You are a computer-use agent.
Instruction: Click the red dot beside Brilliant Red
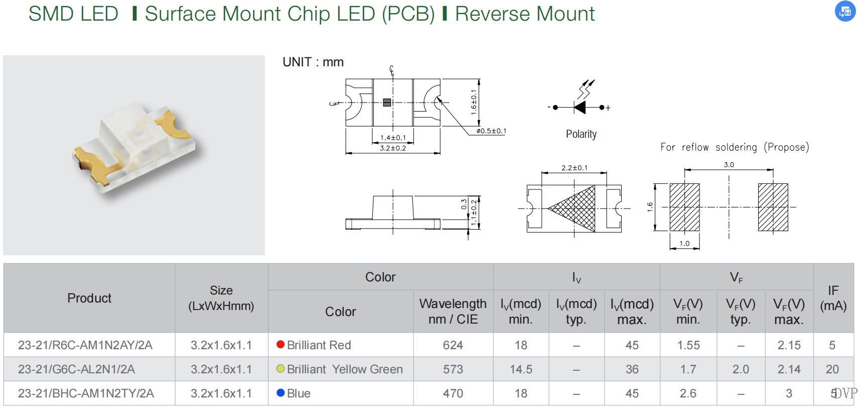281,345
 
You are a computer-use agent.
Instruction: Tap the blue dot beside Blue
281,393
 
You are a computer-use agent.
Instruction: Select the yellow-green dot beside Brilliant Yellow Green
281,369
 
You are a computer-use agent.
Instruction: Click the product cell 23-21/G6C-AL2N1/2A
76,369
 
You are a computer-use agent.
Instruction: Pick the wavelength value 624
453,345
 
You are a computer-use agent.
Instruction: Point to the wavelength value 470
453,393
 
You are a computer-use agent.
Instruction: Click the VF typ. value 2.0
741,369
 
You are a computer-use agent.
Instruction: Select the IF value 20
832,369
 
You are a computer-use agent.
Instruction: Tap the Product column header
89,298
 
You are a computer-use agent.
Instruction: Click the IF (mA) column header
833,298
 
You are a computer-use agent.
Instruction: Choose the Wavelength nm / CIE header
453,311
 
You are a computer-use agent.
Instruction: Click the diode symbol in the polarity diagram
580,107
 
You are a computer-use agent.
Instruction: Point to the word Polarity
581,134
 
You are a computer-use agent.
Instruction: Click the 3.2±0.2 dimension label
393,148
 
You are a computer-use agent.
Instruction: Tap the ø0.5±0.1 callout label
491,131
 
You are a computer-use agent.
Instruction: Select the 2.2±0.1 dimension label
575,168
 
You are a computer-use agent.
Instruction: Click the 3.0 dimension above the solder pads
729,165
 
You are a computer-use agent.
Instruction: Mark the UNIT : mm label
313,62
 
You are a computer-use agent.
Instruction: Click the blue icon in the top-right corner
845,11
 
